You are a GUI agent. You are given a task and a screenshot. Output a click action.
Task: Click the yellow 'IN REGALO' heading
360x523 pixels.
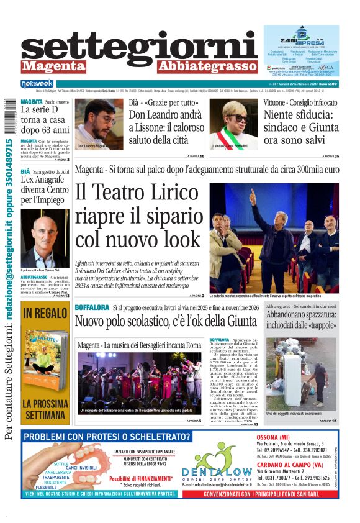point(45,314)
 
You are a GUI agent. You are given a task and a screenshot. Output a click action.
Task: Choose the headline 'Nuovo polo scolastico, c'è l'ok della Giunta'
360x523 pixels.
point(165,321)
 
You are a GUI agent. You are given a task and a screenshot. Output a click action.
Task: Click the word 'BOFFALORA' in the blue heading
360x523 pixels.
point(92,307)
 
